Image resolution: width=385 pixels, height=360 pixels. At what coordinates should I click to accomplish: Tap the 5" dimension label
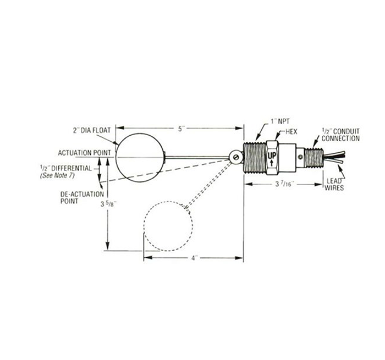pyautogui.click(x=181, y=129)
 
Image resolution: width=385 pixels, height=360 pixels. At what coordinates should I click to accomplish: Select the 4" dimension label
pyautogui.click(x=195, y=258)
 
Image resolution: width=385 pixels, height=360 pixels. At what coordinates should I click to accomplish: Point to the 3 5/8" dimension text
pyautogui.click(x=108, y=203)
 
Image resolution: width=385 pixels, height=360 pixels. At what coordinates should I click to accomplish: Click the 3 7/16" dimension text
pyautogui.click(x=284, y=184)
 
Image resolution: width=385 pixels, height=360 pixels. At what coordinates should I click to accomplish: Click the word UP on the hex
pyautogui.click(x=272, y=156)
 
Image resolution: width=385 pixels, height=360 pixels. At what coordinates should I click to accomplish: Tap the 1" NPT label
pyautogui.click(x=280, y=121)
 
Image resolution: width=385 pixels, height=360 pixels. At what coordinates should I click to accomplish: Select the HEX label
pyautogui.click(x=291, y=132)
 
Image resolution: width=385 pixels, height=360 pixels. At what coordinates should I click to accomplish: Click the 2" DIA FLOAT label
pyautogui.click(x=92, y=130)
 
